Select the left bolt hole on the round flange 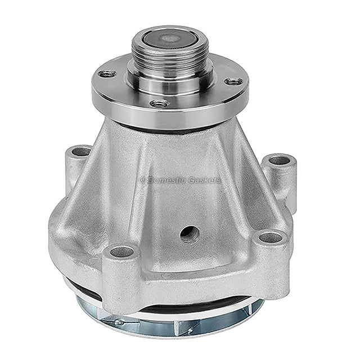coord(107,74)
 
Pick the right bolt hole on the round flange coord(233,81)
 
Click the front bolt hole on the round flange coord(160,103)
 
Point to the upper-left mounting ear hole coord(81,151)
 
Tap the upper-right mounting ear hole coord(279,160)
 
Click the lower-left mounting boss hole coord(121,252)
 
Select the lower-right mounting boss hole coord(270,237)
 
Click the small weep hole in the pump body coord(190,234)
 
